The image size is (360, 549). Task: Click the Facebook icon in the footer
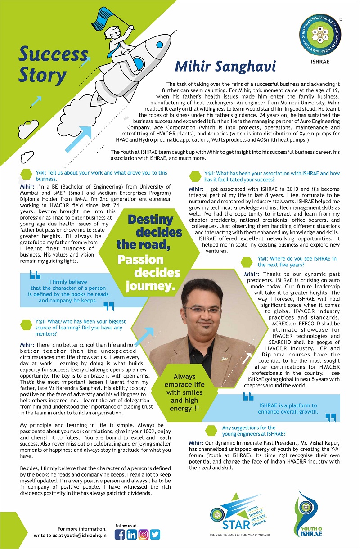(x=120, y=534)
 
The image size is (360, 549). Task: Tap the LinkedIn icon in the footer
(x=132, y=534)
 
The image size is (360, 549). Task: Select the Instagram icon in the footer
(x=144, y=534)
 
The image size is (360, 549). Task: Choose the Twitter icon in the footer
(x=155, y=534)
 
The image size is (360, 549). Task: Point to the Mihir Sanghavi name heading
(x=225, y=66)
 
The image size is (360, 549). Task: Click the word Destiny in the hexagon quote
(x=150, y=220)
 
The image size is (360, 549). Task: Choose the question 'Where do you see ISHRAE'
(x=297, y=262)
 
